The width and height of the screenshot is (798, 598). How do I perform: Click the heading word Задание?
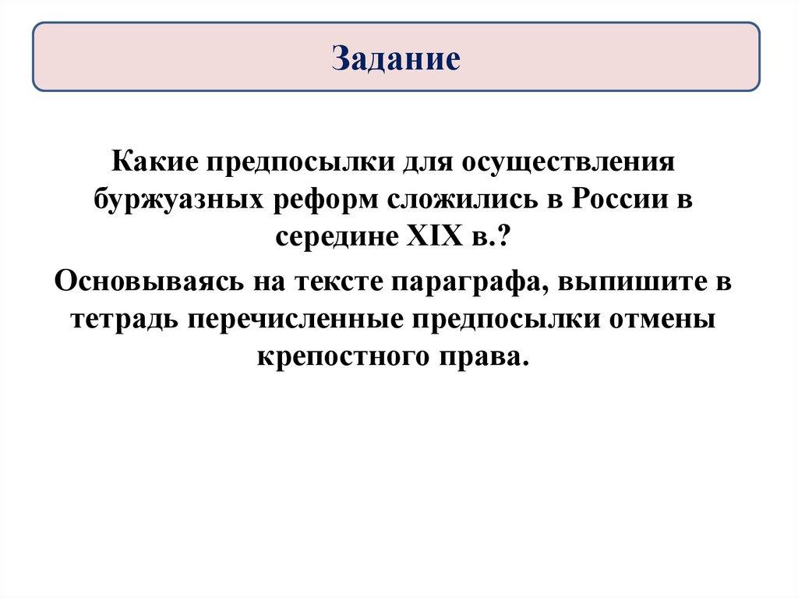click(x=396, y=57)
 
